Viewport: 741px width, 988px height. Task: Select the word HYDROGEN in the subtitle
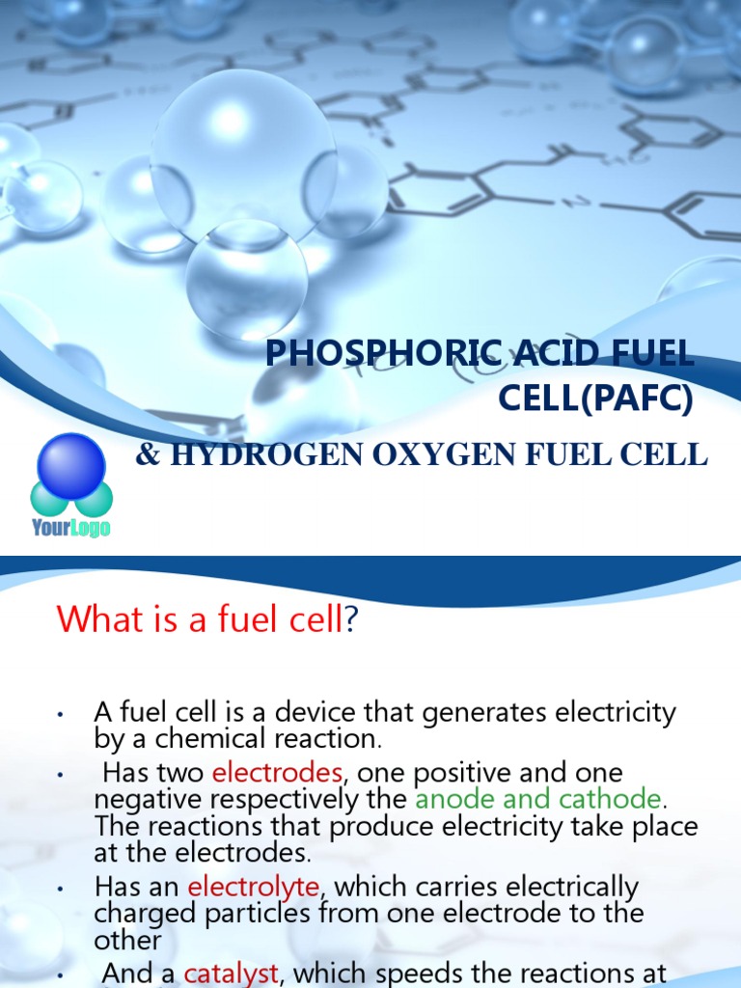tap(245, 455)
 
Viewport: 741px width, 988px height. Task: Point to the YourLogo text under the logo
tap(70, 528)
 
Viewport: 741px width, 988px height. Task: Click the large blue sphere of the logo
tap(70, 465)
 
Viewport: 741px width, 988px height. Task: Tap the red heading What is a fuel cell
tap(200, 619)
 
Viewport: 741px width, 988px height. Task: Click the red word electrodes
tap(277, 773)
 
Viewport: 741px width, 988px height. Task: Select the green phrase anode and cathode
tap(538, 799)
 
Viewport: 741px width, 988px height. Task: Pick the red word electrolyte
tap(253, 886)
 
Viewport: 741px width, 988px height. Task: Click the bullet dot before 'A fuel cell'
tap(60, 715)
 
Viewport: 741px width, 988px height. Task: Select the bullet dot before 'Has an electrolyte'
tap(60, 888)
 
